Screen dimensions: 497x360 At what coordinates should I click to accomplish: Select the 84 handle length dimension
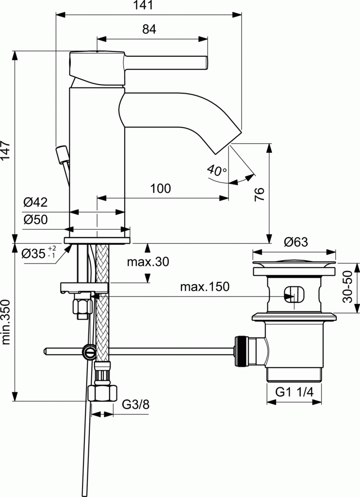click(x=149, y=30)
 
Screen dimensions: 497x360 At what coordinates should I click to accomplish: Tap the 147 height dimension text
click(x=6, y=153)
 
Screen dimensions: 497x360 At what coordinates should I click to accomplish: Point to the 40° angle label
click(x=216, y=170)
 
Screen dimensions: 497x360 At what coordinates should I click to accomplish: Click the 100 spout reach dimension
click(x=160, y=188)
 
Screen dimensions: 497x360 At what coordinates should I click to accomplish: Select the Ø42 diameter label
click(x=35, y=202)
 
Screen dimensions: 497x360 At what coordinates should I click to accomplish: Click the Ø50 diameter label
click(x=35, y=220)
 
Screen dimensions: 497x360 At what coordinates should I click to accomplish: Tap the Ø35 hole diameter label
click(x=39, y=253)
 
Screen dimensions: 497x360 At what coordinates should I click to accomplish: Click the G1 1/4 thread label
click(x=294, y=393)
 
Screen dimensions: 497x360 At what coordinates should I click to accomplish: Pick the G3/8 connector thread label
click(x=135, y=404)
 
